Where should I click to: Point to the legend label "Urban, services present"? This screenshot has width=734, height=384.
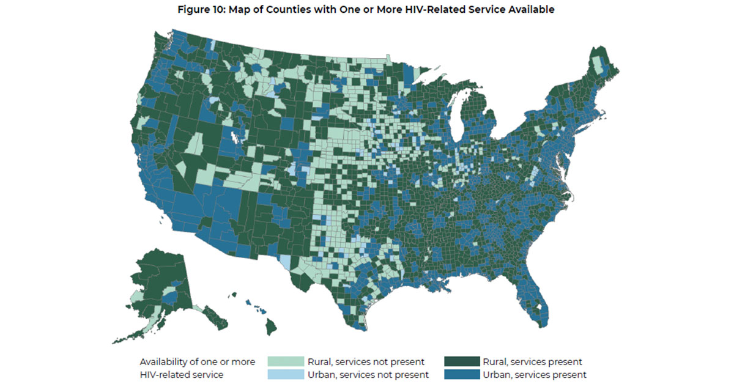coord(535,374)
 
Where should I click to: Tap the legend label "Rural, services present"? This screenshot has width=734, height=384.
coord(532,361)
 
